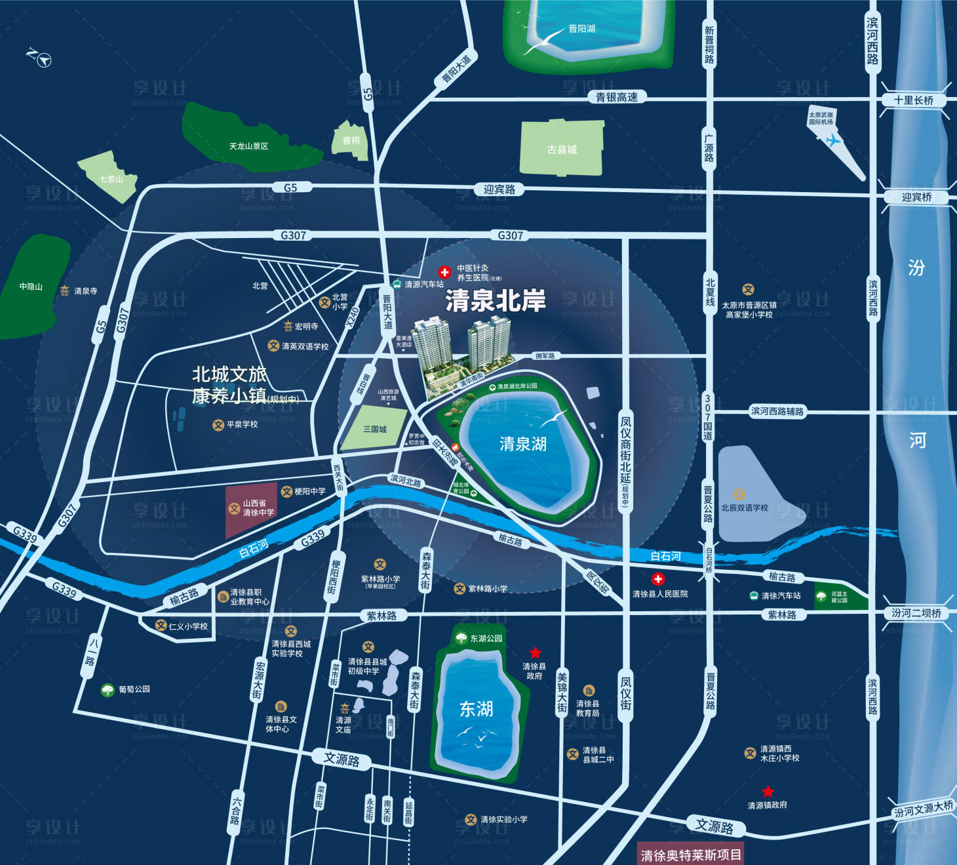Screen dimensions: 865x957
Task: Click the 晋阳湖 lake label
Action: point(581,29)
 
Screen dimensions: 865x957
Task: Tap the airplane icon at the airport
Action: point(832,140)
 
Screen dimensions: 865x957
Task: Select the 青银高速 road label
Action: point(616,98)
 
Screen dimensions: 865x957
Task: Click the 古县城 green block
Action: point(562,150)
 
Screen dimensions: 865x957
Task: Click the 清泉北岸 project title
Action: point(496,301)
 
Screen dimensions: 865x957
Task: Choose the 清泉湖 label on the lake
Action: point(522,444)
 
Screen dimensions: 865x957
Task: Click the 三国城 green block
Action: point(375,429)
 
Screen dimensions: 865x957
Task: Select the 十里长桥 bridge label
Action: point(914,100)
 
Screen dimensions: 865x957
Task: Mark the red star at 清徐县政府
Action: point(535,653)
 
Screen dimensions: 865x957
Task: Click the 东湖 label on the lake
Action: point(476,709)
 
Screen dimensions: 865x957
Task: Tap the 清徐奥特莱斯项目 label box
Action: point(690,855)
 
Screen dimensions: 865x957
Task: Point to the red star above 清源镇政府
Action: point(768,792)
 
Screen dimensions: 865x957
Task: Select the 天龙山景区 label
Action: point(248,146)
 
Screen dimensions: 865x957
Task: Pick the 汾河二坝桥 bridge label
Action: point(916,613)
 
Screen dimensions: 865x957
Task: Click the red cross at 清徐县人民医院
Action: point(657,579)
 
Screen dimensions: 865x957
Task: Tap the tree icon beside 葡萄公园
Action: point(107,690)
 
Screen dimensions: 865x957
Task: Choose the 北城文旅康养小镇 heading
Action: point(229,385)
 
